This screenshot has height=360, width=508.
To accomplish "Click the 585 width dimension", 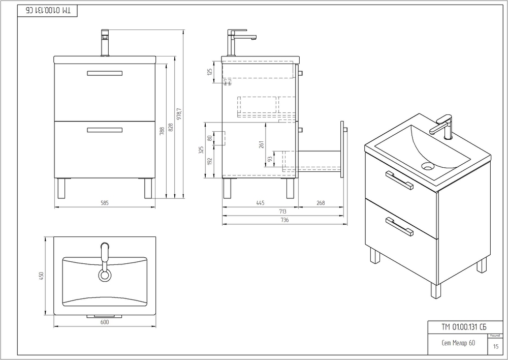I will pos(105,203).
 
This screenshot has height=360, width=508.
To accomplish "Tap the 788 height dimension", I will pos(162,131).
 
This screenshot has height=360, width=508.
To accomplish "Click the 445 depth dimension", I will pos(260,203).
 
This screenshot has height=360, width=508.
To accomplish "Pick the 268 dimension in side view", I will pos(321,203).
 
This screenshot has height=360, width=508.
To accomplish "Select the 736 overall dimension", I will pos(284,220).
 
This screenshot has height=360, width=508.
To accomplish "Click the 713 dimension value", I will pos(282,212).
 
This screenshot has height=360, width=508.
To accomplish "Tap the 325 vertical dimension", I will pos(201,150).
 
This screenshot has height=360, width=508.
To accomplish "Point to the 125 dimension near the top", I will pos(209,72).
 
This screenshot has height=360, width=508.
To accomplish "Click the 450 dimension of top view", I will pos(43,275).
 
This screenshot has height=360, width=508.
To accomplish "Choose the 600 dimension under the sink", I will pos(105,322).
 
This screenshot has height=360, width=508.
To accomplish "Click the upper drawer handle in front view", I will pos(105,73).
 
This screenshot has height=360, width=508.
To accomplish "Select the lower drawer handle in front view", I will pos(105,130).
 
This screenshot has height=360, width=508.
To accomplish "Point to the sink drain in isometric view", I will pos(428,165).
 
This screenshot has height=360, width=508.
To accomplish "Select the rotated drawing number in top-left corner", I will pos(48,10).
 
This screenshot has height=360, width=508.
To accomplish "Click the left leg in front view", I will pos(61,188).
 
